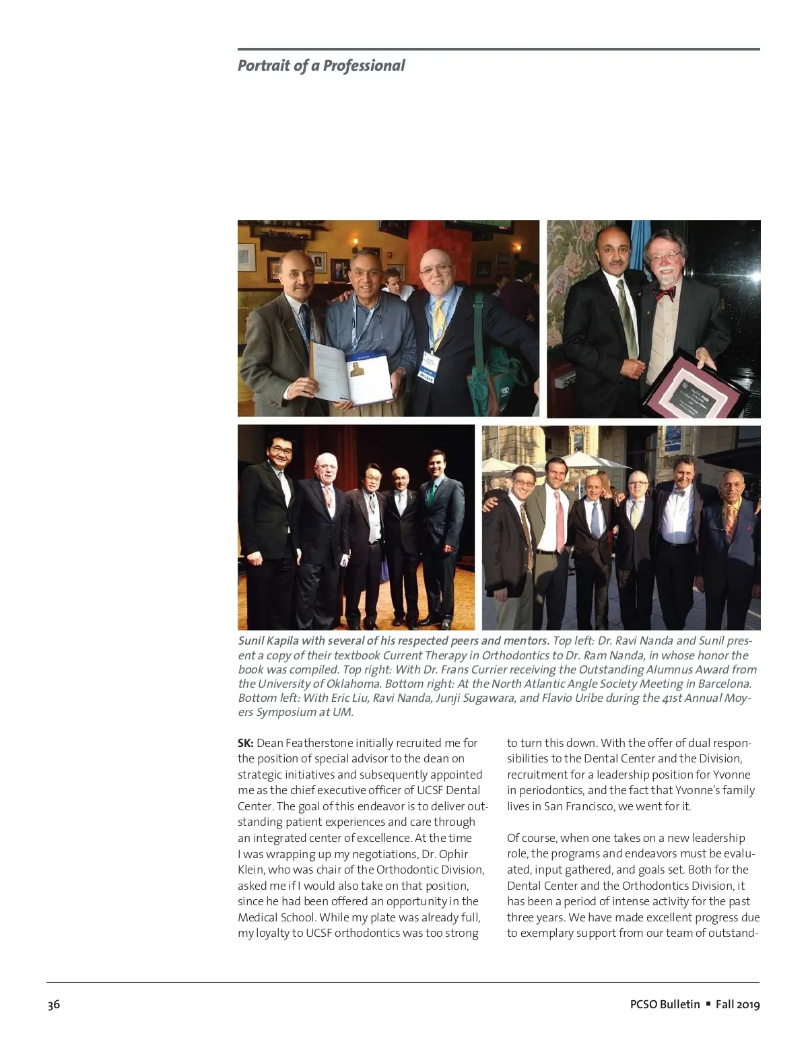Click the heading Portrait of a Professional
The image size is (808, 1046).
point(321,65)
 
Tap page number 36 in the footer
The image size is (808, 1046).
point(53,1004)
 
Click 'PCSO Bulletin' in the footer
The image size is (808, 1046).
point(665,1004)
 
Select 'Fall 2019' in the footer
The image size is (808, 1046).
point(737,1004)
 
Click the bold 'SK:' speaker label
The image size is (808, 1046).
point(245,743)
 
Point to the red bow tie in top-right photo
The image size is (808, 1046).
point(665,293)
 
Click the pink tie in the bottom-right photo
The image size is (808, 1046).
point(560,522)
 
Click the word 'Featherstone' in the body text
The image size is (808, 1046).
point(318,743)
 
